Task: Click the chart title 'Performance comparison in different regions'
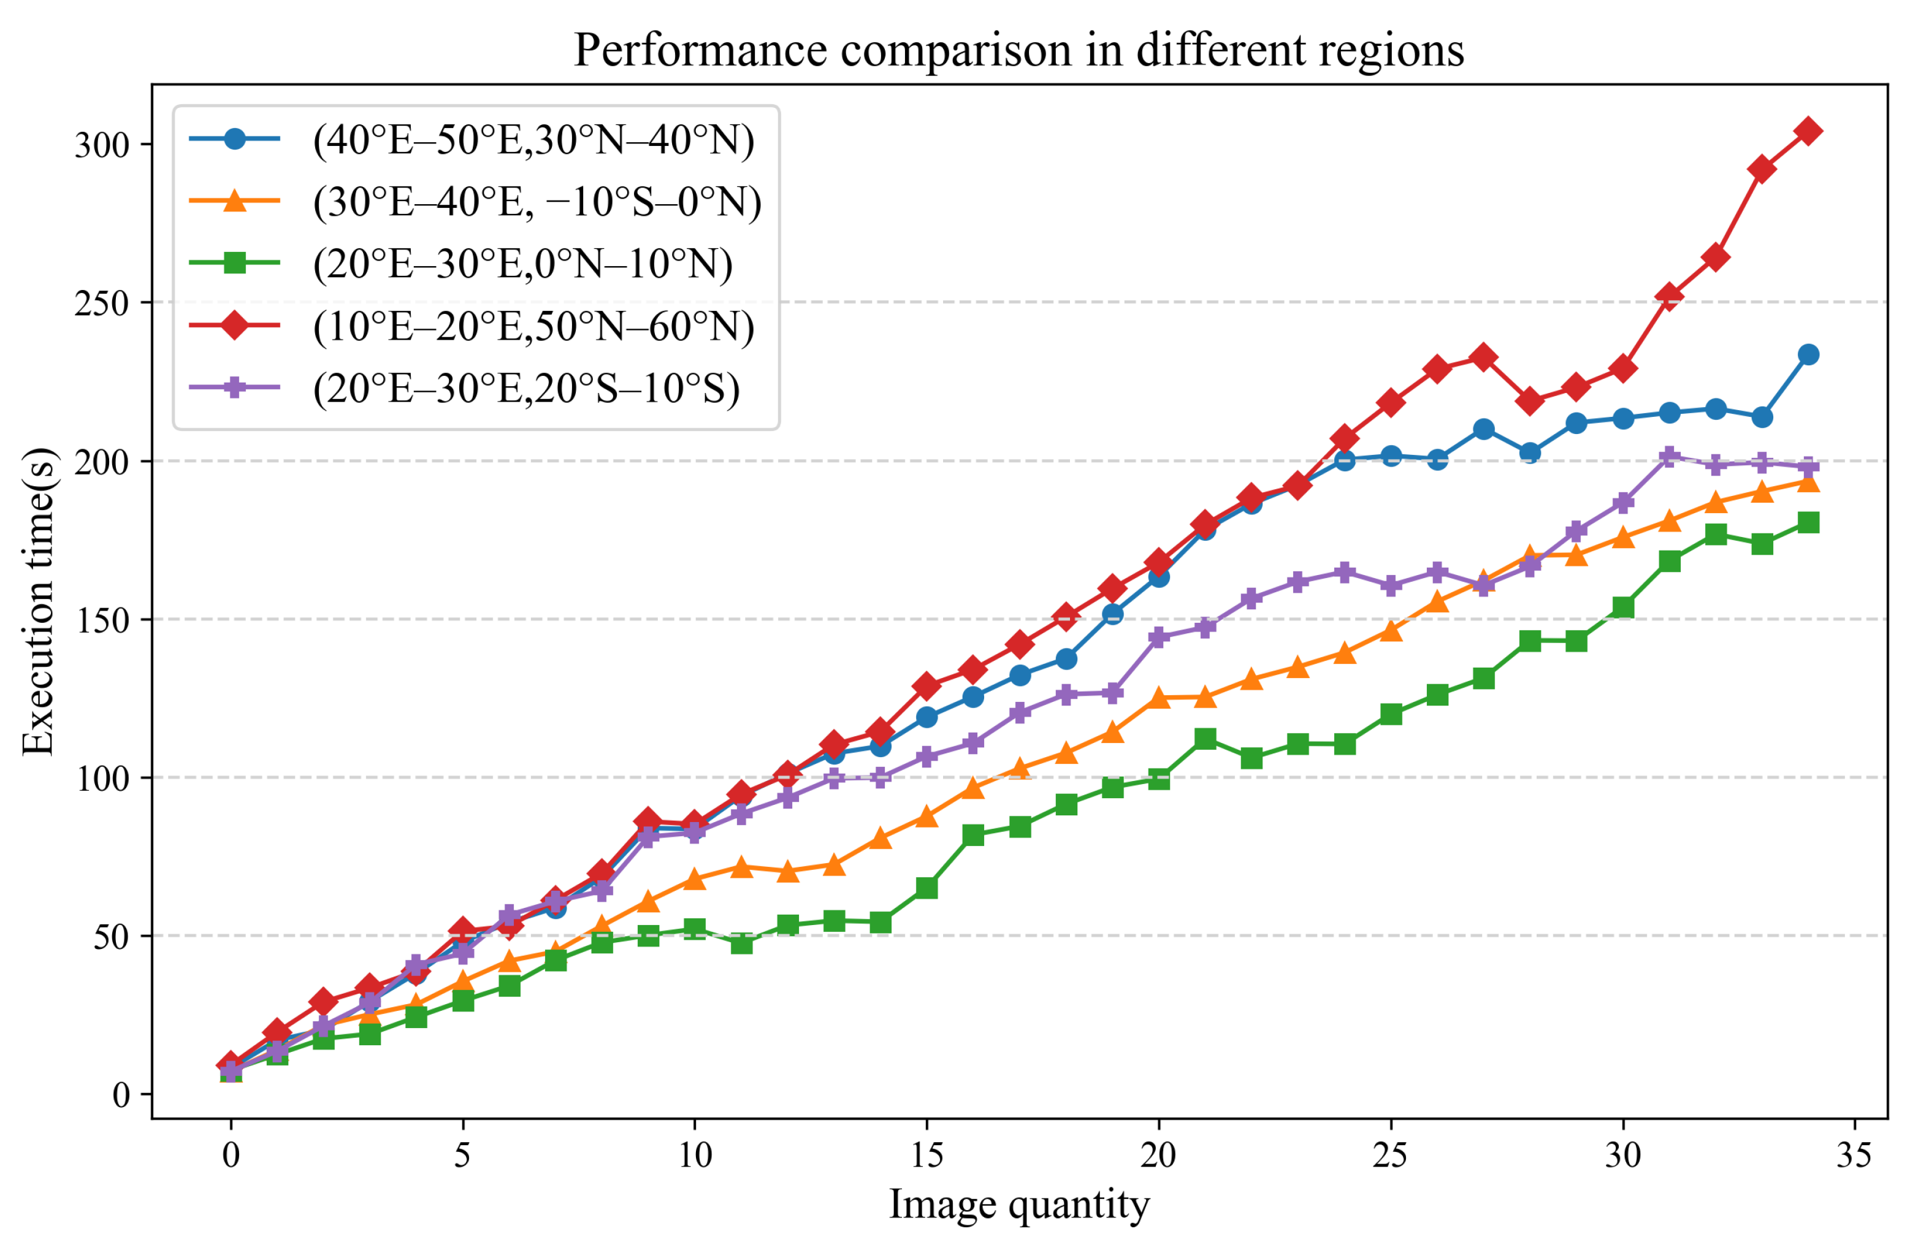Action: point(1018,50)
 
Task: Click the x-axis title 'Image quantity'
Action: point(1018,1205)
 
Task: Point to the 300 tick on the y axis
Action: point(102,145)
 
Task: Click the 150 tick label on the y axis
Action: point(102,621)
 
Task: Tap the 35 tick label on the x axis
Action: point(1854,1155)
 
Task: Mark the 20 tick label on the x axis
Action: point(1158,1155)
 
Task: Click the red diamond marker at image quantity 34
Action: point(1808,131)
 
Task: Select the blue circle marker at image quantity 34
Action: point(1808,354)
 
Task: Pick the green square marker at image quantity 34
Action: point(1808,523)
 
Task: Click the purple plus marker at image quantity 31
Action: point(1669,457)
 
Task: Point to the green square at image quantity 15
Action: point(927,888)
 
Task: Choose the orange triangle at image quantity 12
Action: point(788,872)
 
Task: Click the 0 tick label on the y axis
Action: point(121,1095)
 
